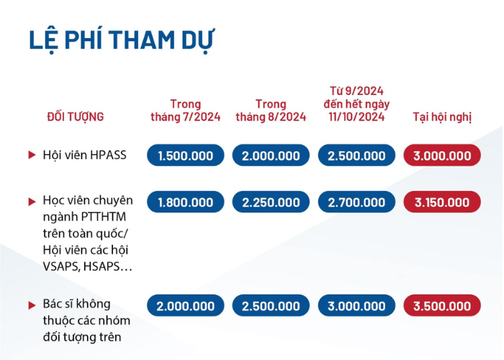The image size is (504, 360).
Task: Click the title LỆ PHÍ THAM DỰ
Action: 122,40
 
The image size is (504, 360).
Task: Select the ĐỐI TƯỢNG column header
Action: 76,117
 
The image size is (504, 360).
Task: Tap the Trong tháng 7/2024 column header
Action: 186,110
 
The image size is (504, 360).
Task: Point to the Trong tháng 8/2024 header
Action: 271,110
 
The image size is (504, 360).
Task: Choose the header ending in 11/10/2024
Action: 356,104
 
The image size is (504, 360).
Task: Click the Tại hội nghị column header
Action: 442,117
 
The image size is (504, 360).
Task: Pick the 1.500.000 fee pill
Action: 186,156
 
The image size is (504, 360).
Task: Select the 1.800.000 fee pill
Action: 186,202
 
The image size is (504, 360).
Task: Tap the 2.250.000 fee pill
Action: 271,202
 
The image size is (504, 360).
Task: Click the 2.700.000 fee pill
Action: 356,202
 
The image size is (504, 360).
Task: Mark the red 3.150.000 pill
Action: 442,202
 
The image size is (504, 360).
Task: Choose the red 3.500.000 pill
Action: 442,305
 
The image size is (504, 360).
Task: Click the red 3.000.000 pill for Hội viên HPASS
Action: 442,156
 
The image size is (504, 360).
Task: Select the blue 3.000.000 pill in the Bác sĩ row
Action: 356,305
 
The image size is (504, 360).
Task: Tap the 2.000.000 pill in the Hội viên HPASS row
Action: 271,156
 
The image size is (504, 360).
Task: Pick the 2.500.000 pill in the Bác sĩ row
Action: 271,305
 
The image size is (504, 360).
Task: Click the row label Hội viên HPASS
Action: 84,155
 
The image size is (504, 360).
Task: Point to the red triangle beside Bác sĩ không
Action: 32,305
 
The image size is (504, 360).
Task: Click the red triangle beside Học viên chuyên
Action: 32,202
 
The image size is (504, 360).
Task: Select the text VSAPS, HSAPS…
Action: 87,266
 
